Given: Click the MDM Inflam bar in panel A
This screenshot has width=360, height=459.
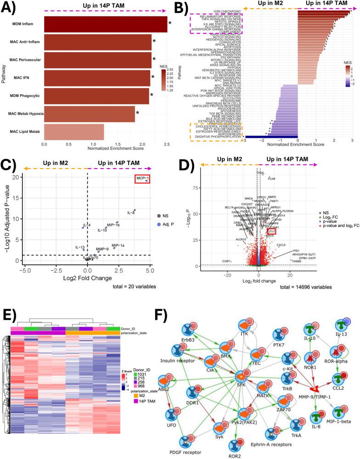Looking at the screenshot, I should point(106,24).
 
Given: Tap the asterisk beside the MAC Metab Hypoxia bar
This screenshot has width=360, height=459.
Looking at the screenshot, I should point(137,113).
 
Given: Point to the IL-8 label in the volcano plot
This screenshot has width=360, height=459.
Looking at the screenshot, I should point(131,213).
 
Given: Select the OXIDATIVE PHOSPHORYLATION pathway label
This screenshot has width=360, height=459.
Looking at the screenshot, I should point(216,137).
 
